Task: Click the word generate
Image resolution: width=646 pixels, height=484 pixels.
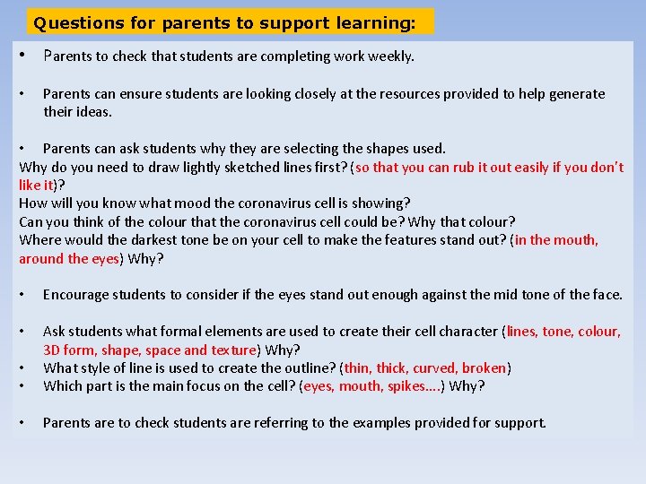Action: point(577,93)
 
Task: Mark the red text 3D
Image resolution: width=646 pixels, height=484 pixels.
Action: point(51,350)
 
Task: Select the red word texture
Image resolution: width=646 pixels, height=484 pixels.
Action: point(232,350)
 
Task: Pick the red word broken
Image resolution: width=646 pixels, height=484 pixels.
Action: point(484,367)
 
